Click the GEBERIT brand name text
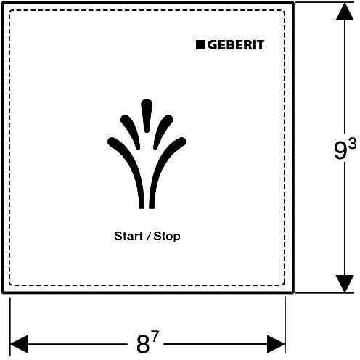click(x=236, y=45)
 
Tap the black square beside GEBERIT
click(x=200, y=45)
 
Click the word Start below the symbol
click(x=128, y=236)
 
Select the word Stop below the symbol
click(x=167, y=237)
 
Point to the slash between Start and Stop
click(x=148, y=236)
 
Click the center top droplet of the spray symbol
click(x=147, y=115)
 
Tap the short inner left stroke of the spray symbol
click(x=131, y=131)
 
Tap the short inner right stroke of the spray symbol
click(x=163, y=131)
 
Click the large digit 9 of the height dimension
click(x=340, y=150)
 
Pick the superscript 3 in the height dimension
click(x=353, y=144)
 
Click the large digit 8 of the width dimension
click(x=143, y=345)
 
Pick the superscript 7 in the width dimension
click(x=155, y=337)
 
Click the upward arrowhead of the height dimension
click(x=345, y=12)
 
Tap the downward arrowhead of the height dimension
click(x=345, y=284)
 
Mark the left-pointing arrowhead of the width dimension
click(x=19, y=344)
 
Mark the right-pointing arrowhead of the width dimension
click(x=276, y=344)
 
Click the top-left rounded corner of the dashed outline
click(x=10, y=11)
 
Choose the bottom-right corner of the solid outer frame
click(x=293, y=292)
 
